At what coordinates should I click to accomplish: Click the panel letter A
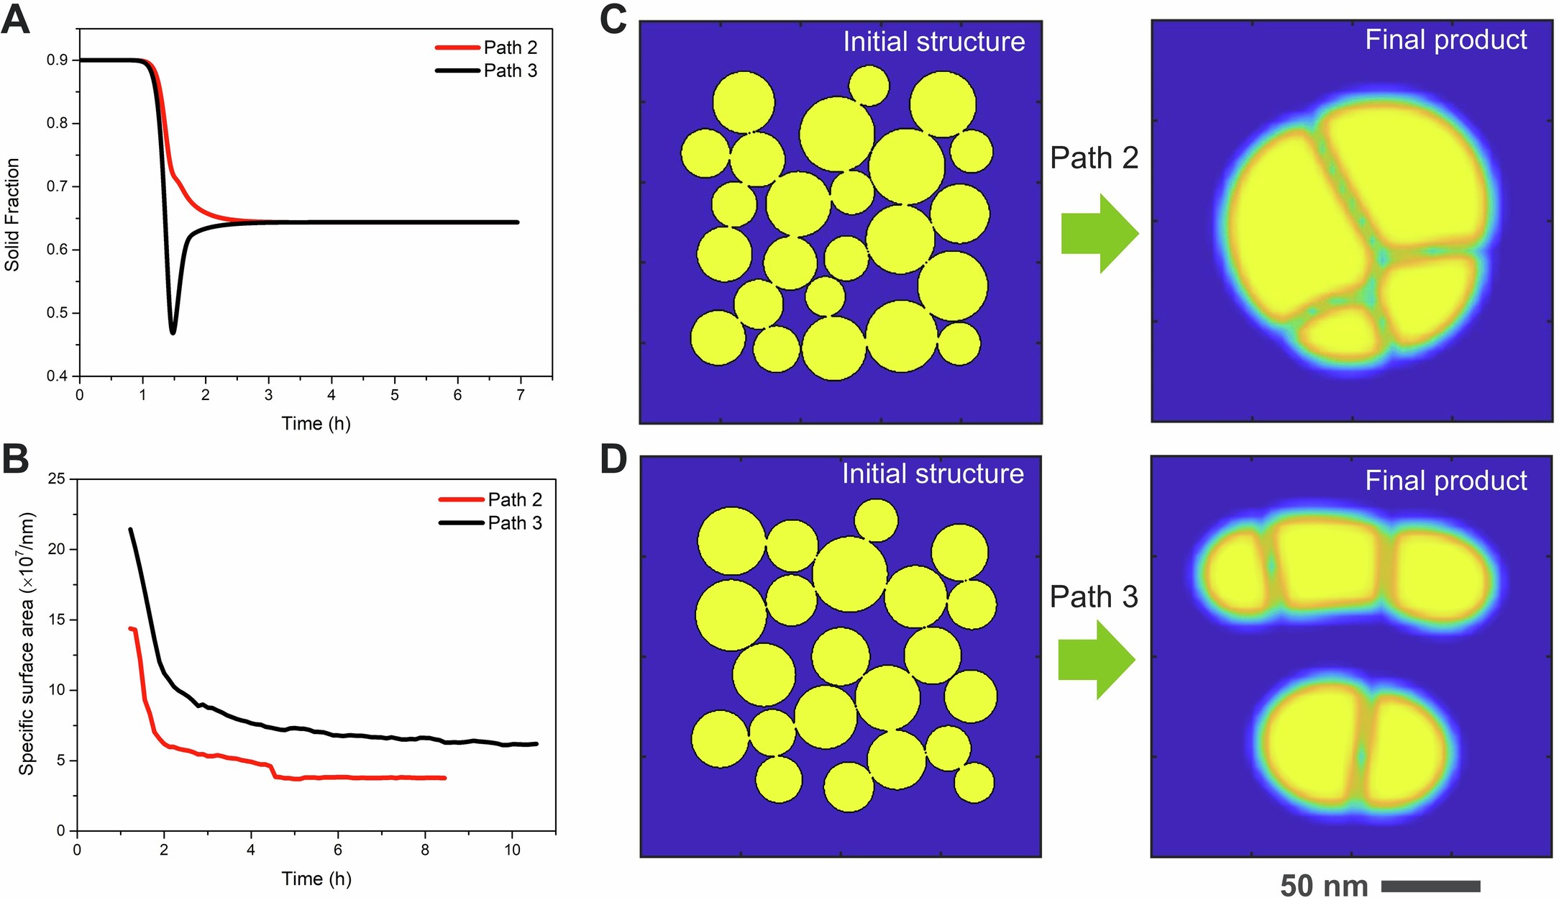(x=16, y=19)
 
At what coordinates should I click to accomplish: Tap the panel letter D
(x=613, y=459)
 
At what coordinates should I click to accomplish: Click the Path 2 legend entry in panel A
(x=510, y=47)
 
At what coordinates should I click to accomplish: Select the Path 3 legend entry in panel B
(x=514, y=522)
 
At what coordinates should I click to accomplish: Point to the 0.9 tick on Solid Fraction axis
(x=58, y=60)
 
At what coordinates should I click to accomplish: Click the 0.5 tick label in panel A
(x=58, y=313)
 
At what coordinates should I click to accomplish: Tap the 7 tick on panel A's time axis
(x=521, y=394)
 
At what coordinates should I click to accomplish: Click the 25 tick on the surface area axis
(x=56, y=479)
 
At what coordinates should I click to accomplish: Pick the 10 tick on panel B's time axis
(x=511, y=850)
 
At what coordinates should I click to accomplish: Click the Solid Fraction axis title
(x=12, y=214)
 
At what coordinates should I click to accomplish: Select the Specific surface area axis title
(x=27, y=643)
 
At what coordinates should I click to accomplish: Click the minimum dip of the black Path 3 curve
(x=173, y=332)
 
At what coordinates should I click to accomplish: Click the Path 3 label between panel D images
(x=1094, y=597)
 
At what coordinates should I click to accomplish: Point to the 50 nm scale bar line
(x=1430, y=886)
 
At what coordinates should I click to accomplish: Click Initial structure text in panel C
(x=933, y=42)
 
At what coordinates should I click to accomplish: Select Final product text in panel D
(x=1445, y=481)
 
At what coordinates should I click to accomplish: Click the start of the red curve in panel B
(x=131, y=628)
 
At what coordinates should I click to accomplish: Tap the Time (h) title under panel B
(x=316, y=879)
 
